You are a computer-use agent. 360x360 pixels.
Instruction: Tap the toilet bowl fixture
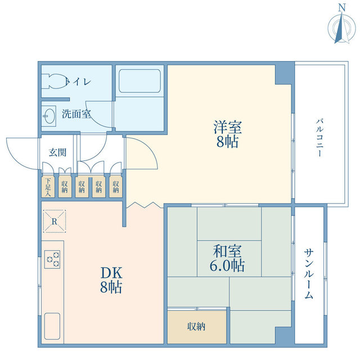(54, 81)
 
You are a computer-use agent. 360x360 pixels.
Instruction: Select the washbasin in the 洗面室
(49, 116)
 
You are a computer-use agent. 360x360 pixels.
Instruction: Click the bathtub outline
(139, 81)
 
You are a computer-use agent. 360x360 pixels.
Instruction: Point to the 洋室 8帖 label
(227, 134)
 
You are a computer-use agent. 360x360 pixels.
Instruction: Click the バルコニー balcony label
(319, 137)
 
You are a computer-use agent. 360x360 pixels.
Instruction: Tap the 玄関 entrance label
(57, 152)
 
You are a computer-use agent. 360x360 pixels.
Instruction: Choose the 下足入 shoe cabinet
(48, 187)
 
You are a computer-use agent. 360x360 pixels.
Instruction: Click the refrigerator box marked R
(55, 221)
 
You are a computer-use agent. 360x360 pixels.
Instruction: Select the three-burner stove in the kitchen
(52, 259)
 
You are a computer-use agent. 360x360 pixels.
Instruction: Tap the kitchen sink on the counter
(52, 326)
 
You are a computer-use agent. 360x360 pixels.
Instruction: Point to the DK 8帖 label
(111, 280)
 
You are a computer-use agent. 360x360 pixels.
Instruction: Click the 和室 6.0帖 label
(227, 258)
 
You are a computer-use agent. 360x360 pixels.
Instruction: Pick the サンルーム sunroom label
(309, 274)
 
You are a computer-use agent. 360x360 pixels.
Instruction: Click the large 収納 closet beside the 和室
(197, 327)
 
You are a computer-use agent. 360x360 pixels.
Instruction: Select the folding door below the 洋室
(144, 205)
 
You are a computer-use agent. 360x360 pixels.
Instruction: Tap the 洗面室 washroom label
(76, 114)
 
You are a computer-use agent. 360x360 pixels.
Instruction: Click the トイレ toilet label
(79, 82)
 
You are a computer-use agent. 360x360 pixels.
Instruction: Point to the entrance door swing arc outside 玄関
(17, 159)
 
